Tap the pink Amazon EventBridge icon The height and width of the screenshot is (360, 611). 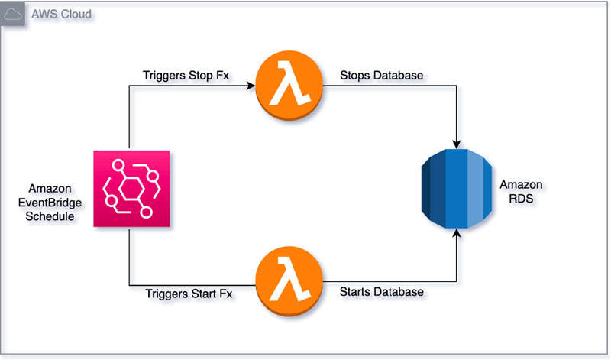pos(131,188)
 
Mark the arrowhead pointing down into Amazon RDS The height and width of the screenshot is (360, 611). pos(457,144)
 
